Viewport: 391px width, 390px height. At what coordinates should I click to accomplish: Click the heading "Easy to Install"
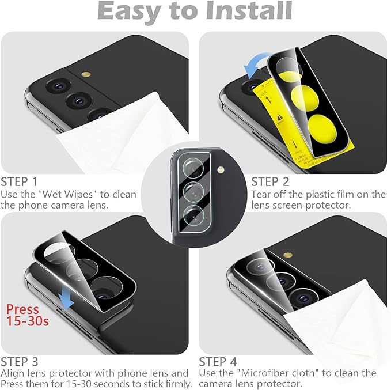195,11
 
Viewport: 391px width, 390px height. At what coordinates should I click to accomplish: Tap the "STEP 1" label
20,181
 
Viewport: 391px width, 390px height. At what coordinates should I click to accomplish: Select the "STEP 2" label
271,181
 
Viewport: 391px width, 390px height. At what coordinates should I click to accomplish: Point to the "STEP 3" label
20,362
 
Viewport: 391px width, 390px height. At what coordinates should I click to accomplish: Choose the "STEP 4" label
218,362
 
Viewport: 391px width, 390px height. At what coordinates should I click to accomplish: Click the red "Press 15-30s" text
28,315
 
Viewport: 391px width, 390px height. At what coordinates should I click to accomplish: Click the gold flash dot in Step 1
86,75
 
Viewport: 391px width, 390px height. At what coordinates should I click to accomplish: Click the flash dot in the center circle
220,171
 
